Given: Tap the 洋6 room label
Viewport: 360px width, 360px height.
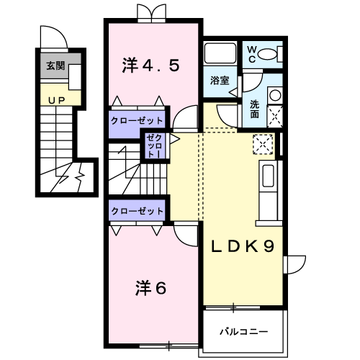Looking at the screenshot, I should pyautogui.click(x=150, y=288).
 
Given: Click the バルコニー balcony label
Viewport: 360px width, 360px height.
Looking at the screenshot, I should pyautogui.click(x=244, y=332).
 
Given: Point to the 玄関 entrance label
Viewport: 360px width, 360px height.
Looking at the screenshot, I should pyautogui.click(x=55, y=66).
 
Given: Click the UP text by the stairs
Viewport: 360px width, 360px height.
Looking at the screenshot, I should pyautogui.click(x=55, y=99).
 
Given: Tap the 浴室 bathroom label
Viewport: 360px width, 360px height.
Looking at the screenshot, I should pyautogui.click(x=220, y=80).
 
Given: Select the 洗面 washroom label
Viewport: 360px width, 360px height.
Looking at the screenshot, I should pyautogui.click(x=255, y=109).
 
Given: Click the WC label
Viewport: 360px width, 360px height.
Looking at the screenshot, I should pyautogui.click(x=252, y=53).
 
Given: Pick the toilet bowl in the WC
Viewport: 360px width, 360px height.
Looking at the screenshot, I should pyautogui.click(x=269, y=53).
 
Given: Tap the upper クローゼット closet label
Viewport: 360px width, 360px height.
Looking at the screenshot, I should pyautogui.click(x=137, y=119).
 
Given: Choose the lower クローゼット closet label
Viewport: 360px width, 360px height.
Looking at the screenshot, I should pyautogui.click(x=137, y=211).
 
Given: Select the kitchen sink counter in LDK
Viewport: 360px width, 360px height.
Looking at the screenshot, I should pyautogui.click(x=267, y=186).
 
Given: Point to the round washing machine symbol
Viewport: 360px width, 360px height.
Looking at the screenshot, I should pyautogui.click(x=274, y=94).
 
